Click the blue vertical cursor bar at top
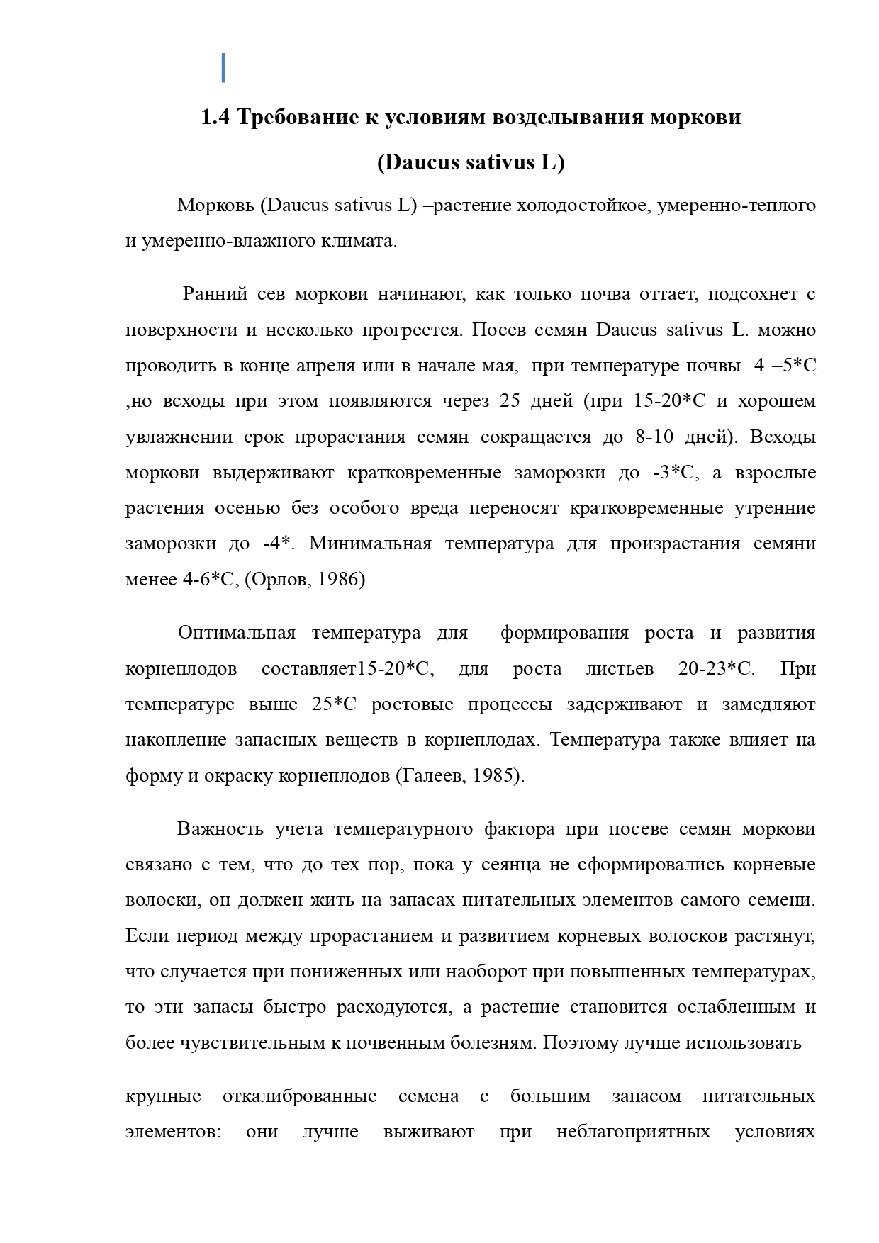coord(223,67)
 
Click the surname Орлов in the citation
coord(279,579)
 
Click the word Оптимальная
coord(236,633)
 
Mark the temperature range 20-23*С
coord(716,668)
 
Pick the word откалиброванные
coord(299,1096)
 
